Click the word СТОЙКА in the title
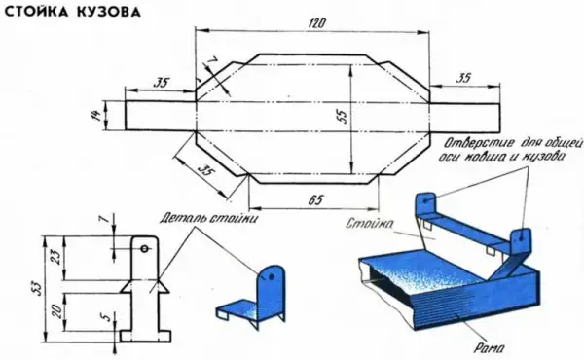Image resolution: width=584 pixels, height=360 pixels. pyautogui.click(x=37, y=12)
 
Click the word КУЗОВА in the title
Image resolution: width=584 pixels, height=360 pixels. pyautogui.click(x=109, y=12)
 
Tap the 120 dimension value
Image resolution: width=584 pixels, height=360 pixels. pyautogui.click(x=316, y=23)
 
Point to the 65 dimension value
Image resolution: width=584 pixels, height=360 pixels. pyautogui.click(x=315, y=199)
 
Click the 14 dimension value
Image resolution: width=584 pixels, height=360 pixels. pyautogui.click(x=96, y=115)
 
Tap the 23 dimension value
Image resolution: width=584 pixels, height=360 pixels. pyautogui.click(x=55, y=258)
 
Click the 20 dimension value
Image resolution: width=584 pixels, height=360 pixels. pyautogui.click(x=55, y=310)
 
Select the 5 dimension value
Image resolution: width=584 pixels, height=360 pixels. pyautogui.click(x=106, y=317)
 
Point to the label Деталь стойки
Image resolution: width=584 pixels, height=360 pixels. pyautogui.click(x=208, y=218)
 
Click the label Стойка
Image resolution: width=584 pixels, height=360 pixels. pyautogui.click(x=369, y=223)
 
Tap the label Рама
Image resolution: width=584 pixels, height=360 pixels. pyautogui.click(x=489, y=348)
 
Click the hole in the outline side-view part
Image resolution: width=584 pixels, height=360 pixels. pyautogui.click(x=144, y=249)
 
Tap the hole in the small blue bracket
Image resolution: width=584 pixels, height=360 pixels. pyautogui.click(x=272, y=276)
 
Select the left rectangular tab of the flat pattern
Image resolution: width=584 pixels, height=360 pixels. pyautogui.click(x=161, y=116)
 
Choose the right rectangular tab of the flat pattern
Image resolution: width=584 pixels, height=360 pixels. pyautogui.click(x=464, y=118)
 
